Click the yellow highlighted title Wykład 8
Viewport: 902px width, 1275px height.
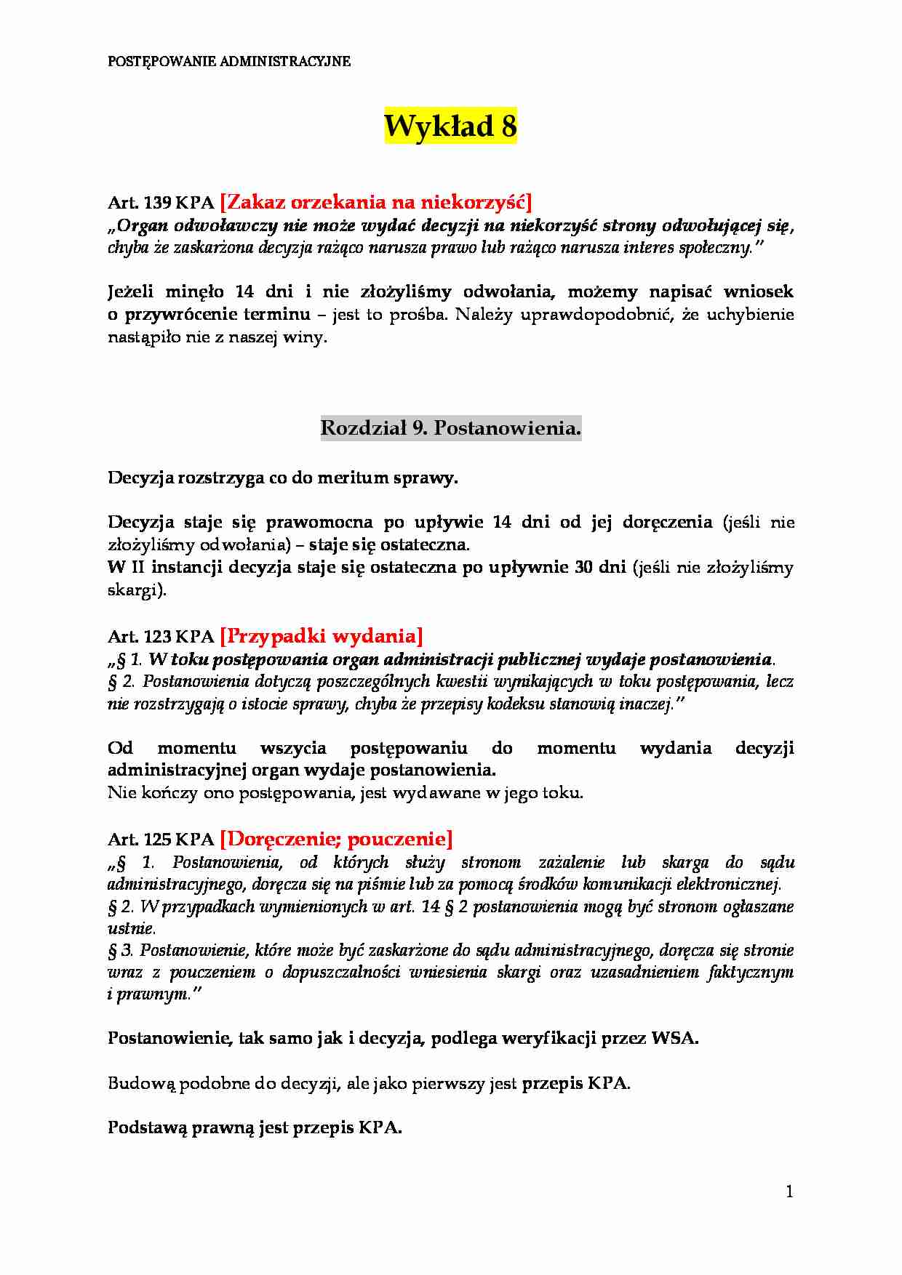(450, 126)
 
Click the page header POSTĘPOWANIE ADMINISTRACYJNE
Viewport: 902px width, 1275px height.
(229, 62)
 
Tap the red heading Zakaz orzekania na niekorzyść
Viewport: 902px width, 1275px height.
(375, 201)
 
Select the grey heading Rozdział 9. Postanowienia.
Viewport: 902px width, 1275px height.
(450, 428)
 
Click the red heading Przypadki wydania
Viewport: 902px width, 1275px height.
(321, 636)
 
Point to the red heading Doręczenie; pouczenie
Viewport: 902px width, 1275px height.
(335, 839)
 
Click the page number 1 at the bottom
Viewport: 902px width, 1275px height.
(789, 1191)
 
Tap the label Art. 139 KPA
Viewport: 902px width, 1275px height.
(161, 203)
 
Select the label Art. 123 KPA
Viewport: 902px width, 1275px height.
(161, 637)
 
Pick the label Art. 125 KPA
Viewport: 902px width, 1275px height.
(161, 840)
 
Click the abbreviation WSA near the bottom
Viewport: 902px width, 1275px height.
(674, 1038)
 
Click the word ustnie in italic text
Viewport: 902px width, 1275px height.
(131, 929)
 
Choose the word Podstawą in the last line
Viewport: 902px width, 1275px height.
(147, 1128)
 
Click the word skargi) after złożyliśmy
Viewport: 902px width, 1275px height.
(137, 590)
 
